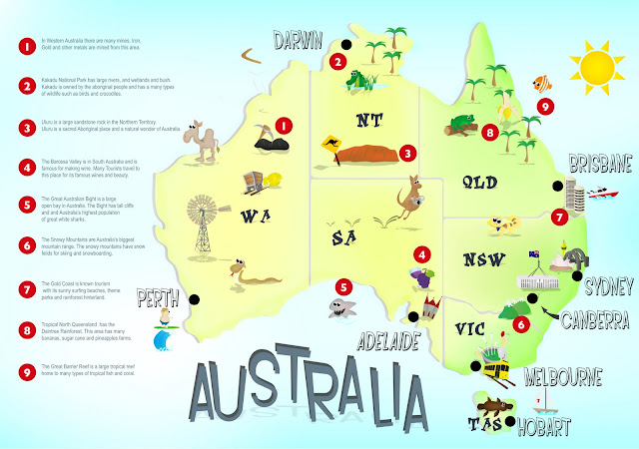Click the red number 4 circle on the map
[423, 254]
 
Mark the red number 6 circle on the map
[520, 323]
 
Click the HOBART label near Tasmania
[540, 427]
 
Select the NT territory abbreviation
[369, 122]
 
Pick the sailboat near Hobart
[545, 399]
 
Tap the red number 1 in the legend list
[21, 45]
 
